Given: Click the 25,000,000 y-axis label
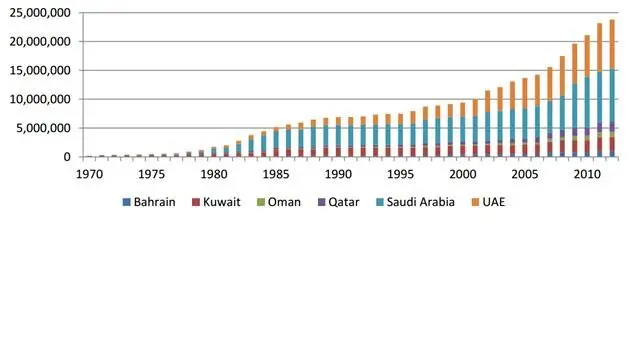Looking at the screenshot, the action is (40, 13).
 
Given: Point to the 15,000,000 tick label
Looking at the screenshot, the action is (40, 71).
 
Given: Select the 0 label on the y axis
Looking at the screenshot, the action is (67, 157).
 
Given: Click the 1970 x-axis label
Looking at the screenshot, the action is (89, 174).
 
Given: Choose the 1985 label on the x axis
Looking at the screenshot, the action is (276, 174).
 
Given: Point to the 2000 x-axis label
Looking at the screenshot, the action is (462, 174).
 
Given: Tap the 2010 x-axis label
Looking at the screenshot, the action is (587, 174).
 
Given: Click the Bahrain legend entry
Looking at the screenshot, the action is (149, 202).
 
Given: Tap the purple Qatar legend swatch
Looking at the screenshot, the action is (322, 202).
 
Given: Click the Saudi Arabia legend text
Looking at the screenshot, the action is (420, 202).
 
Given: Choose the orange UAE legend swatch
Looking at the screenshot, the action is (475, 202).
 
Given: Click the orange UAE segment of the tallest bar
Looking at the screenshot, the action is (612, 44).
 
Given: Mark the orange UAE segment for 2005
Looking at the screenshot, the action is (525, 93).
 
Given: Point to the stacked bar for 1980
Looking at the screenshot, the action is (214, 152).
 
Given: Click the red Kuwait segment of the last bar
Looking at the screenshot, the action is (612, 145).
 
